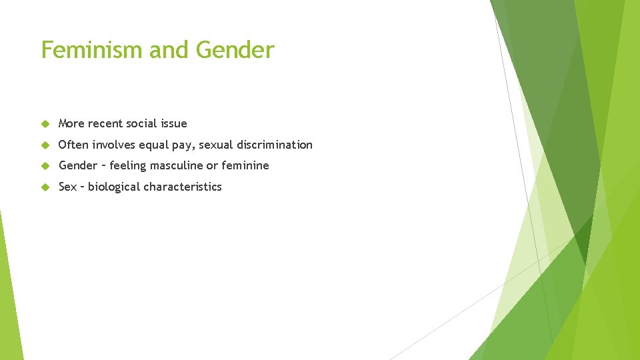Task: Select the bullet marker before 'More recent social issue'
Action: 45,123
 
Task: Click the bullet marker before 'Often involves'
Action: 45,145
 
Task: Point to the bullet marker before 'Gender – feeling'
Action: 45,165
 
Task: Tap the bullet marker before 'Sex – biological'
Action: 45,187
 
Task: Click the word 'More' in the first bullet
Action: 71,123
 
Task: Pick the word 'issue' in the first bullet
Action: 174,123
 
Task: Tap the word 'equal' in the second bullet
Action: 153,145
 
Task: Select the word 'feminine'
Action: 245,165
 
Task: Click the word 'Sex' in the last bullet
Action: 67,187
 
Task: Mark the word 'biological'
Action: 115,187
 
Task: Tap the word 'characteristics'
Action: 183,187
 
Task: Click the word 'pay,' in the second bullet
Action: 185,145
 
